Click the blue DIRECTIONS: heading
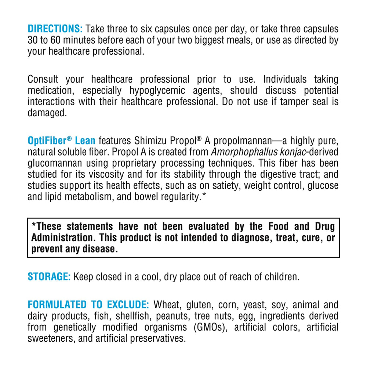click(55, 29)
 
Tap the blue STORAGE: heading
click(49, 276)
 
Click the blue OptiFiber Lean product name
click(62, 140)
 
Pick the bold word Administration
click(62, 237)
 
